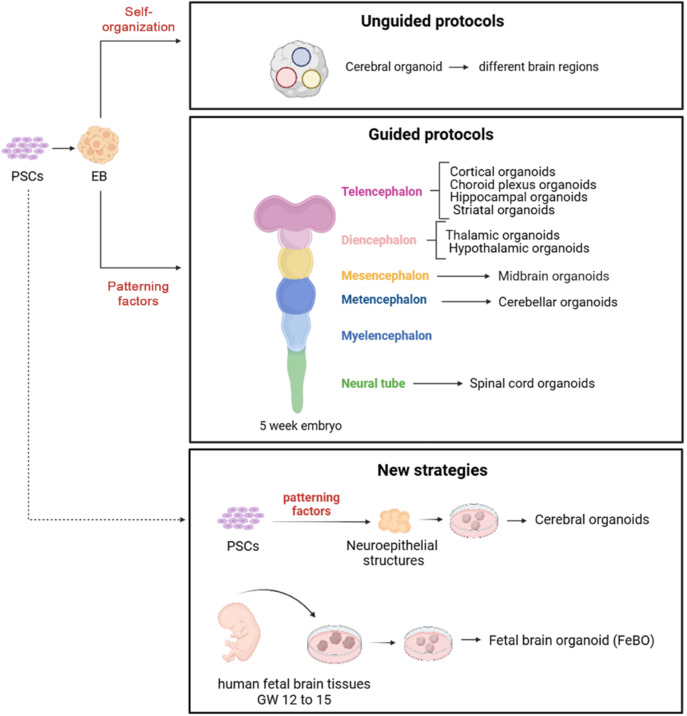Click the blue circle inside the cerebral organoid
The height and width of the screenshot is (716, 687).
tap(299, 56)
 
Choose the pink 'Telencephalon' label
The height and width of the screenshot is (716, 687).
tap(382, 190)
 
